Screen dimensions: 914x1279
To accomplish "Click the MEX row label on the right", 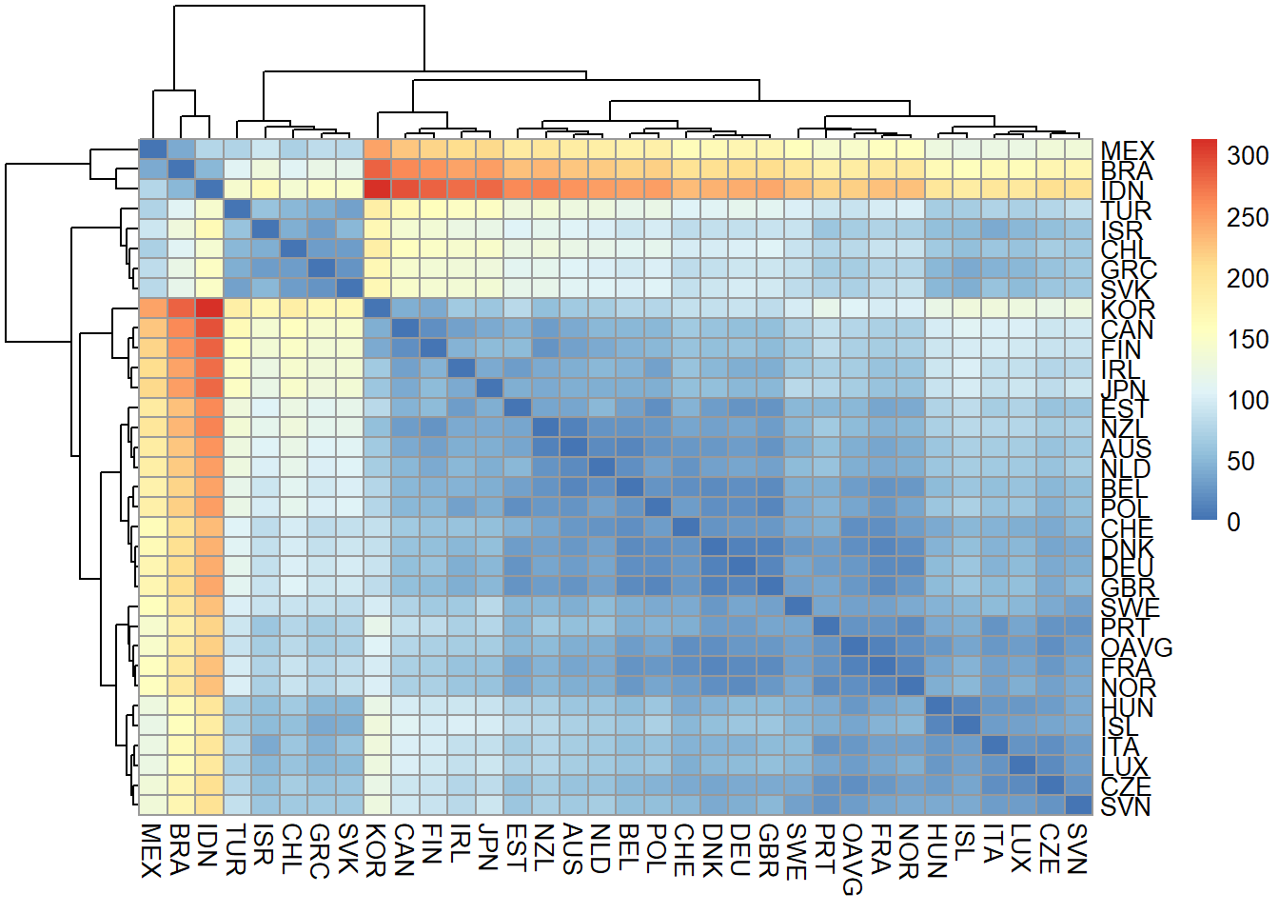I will (x=1127, y=150).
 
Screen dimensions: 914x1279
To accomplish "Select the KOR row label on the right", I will (x=1127, y=308).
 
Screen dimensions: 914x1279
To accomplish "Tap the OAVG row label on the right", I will (x=1136, y=647).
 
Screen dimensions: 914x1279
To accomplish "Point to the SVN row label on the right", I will (x=1126, y=806).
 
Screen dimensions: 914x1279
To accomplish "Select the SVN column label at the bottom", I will (x=1077, y=847).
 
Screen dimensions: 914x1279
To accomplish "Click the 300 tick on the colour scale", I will (x=1247, y=156).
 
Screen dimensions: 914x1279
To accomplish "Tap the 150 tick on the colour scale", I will (x=1247, y=339).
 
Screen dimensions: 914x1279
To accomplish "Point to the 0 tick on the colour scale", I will (x=1233, y=522).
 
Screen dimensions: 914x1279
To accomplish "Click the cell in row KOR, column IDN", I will (x=209, y=308).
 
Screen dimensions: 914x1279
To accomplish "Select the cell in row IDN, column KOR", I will (x=377, y=189).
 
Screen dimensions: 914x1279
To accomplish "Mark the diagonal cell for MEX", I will (x=153, y=149).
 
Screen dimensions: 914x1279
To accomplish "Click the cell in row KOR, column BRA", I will (x=181, y=308).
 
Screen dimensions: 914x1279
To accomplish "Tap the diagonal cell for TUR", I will (x=237, y=209).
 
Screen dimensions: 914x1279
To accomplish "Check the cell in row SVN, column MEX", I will (x=153, y=805).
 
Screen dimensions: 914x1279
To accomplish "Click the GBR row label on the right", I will (x=1129, y=587).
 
